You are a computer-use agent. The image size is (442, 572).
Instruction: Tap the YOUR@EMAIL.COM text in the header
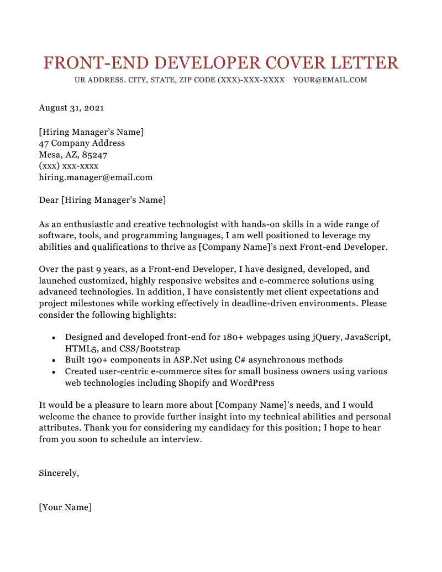click(330, 80)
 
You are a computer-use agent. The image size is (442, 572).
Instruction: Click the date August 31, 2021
click(71, 108)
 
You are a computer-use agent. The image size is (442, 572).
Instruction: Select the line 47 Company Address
click(82, 143)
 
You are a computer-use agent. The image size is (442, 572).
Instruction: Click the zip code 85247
click(94, 155)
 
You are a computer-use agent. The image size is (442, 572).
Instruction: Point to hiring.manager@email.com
click(96, 178)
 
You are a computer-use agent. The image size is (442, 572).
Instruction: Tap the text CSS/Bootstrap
click(150, 349)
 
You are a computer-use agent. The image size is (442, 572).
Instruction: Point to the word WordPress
click(252, 382)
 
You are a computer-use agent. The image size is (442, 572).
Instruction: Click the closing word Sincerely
click(59, 473)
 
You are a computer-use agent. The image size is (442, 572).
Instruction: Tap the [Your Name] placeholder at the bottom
click(65, 507)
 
